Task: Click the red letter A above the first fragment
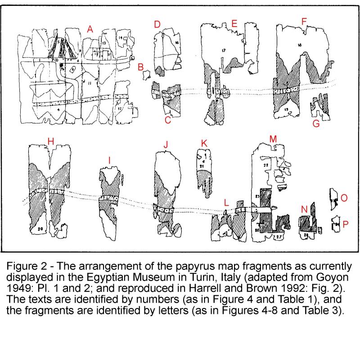tap(90, 30)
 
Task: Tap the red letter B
tap(140, 67)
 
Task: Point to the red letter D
tap(157, 24)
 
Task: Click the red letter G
tap(316, 123)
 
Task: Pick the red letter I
tap(109, 160)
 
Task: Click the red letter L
tap(226, 204)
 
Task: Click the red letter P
tap(345, 224)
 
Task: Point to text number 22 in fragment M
tap(265, 166)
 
